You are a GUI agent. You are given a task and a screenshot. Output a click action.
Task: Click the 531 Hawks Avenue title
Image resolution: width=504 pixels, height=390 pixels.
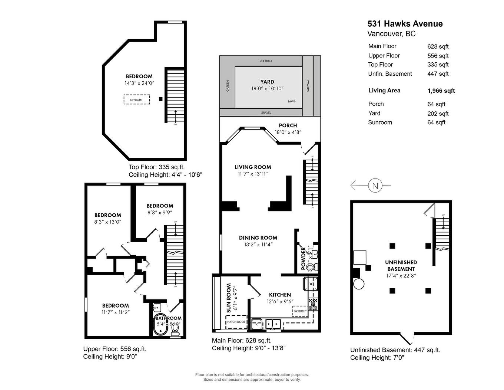405,24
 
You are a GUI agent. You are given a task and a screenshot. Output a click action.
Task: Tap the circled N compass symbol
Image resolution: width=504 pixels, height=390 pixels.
375,185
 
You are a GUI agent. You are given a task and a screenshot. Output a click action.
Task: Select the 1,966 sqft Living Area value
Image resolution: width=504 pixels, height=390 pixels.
441,91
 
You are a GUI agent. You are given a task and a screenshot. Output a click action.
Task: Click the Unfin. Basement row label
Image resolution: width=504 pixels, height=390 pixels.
390,74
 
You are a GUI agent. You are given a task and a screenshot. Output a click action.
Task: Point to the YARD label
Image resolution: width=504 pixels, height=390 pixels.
267,82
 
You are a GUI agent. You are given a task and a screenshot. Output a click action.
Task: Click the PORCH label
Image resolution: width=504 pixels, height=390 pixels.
288,125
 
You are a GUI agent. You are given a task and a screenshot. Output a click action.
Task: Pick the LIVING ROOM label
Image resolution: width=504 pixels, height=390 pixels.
253,167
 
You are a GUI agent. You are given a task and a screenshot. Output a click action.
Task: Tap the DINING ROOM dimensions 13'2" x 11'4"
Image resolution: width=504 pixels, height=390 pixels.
258,245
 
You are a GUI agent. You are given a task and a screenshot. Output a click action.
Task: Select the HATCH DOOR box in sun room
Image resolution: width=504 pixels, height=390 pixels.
236,322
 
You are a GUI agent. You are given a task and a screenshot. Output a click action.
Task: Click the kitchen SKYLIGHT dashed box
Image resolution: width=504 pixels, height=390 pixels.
300,311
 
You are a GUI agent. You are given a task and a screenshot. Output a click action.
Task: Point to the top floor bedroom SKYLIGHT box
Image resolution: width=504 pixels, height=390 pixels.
136,99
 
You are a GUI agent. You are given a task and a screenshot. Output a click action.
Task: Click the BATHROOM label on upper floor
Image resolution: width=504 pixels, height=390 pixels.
168,318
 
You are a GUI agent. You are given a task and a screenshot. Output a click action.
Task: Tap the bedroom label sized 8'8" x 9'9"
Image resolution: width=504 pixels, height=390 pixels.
160,206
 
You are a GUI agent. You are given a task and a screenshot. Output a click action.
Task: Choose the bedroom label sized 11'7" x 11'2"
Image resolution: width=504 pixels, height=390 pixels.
116,305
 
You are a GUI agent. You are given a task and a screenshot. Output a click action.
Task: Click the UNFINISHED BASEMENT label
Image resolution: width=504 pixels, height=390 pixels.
401,265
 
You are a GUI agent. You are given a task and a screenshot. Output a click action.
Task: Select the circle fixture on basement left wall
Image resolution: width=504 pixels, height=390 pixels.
358,284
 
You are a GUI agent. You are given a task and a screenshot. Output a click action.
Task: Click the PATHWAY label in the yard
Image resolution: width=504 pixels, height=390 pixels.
308,86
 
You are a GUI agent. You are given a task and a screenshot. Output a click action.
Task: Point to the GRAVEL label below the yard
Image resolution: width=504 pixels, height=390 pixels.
266,112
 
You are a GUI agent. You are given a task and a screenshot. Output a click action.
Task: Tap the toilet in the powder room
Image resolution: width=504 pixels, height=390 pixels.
313,266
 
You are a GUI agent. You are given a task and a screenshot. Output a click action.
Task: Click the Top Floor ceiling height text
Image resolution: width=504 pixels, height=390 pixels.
165,175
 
